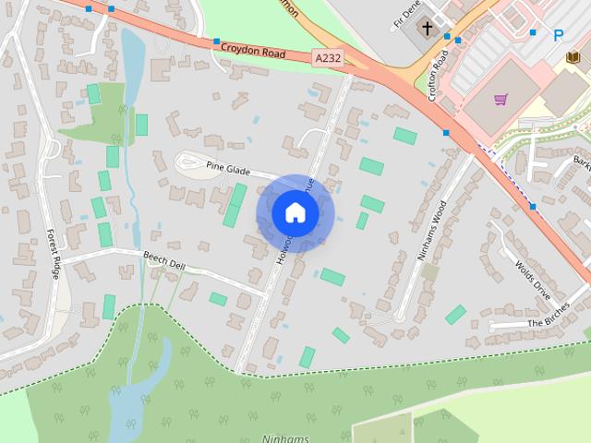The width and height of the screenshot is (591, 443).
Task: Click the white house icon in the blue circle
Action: coord(295,213)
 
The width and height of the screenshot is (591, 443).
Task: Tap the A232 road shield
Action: coord(326,57)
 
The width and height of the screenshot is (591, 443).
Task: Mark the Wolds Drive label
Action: coord(533,274)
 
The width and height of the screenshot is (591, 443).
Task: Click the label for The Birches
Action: coord(550,323)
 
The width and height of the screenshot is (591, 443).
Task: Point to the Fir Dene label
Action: coord(406,13)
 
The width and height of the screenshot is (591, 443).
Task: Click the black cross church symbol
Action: coord(427,30)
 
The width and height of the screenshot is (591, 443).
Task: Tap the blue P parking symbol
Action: coord(558,36)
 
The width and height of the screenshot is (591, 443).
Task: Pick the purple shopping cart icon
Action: coord(501,99)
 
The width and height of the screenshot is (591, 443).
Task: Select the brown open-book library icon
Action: coord(573,58)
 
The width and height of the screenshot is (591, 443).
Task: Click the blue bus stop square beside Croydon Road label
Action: coord(216,42)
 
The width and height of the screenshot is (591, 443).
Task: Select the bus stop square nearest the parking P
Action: coord(533,32)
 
